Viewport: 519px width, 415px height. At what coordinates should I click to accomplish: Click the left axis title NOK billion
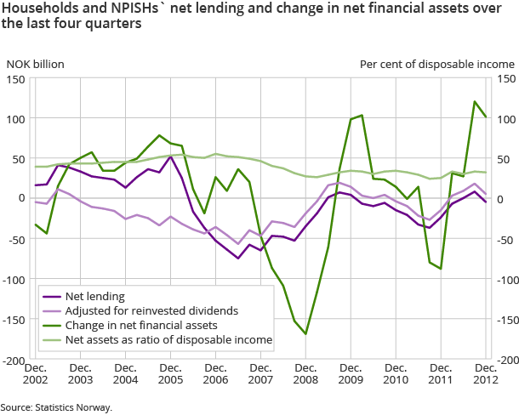[36, 64]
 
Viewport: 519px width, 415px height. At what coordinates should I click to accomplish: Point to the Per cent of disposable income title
[436, 64]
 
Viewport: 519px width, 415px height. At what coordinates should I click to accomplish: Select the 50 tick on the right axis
[502, 160]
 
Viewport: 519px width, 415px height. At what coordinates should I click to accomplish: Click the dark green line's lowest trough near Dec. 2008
[305, 334]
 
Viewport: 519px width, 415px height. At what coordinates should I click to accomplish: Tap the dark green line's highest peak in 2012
[474, 101]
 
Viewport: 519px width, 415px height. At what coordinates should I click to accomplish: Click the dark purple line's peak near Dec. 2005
[170, 156]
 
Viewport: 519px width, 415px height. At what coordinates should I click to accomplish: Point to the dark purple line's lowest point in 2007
[238, 258]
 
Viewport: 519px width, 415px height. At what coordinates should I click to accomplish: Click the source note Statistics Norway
[56, 407]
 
